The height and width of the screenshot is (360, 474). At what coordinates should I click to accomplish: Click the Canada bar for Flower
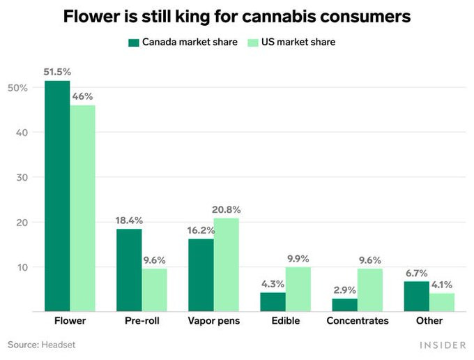click(57, 196)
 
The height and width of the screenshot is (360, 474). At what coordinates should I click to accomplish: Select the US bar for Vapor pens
click(226, 264)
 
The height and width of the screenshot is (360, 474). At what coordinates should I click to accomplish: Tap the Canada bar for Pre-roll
click(129, 270)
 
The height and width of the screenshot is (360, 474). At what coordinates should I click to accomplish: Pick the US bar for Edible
click(298, 289)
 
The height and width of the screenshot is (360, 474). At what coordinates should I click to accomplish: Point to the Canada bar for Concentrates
click(344, 305)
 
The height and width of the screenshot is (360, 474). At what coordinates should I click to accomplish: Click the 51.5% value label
click(56, 72)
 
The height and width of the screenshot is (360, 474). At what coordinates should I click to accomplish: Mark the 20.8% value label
click(227, 209)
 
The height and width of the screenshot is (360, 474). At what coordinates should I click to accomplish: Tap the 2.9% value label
click(344, 290)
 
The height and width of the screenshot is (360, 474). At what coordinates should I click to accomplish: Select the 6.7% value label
click(417, 273)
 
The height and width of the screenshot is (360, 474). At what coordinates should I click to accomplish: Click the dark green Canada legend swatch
click(134, 43)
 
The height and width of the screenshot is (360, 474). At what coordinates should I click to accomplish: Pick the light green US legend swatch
click(253, 43)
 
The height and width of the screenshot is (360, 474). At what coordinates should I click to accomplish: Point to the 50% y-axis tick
click(17, 88)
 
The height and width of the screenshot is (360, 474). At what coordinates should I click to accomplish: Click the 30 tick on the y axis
click(21, 177)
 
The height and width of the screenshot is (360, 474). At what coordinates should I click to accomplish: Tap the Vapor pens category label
click(213, 321)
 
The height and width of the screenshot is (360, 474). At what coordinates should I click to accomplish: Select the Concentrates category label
click(358, 321)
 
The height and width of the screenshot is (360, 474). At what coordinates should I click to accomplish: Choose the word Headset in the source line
click(59, 345)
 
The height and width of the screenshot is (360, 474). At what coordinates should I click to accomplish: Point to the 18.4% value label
click(129, 220)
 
